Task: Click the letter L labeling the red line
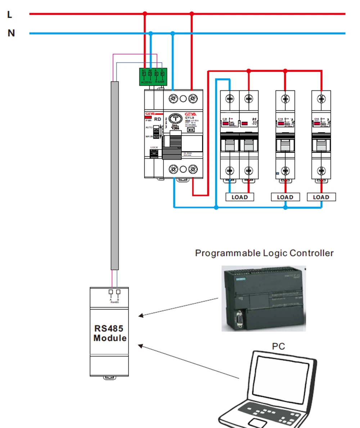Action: pos(10,15)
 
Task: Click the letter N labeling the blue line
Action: pos(12,34)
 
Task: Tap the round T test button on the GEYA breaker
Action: pos(176,120)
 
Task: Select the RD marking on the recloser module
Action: pos(158,119)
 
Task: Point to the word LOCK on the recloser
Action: pos(154,148)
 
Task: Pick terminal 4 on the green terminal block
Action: pos(162,74)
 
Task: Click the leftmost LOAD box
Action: pos(239,197)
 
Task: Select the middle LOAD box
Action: pos(285,197)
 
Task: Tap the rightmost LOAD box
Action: pos(321,197)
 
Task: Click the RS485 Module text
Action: pos(109,334)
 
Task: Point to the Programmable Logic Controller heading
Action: pos(264,253)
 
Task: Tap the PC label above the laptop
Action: pos(278,347)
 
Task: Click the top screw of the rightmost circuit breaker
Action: pos(321,98)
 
